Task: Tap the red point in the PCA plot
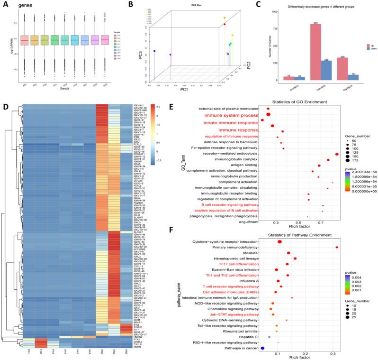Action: [225, 24]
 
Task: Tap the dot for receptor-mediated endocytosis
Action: [337, 154]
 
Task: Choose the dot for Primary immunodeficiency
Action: [337, 247]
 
